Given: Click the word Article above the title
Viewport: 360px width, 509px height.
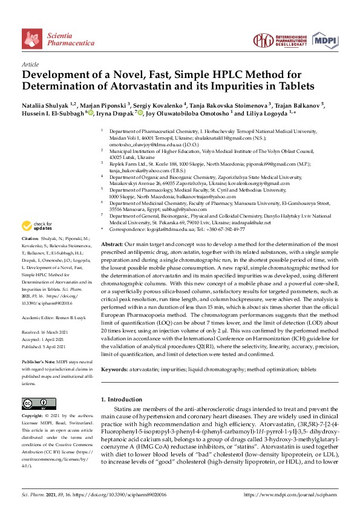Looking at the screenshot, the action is (x=30, y=64).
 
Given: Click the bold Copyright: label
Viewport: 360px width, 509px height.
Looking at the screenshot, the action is (x=34, y=417).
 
